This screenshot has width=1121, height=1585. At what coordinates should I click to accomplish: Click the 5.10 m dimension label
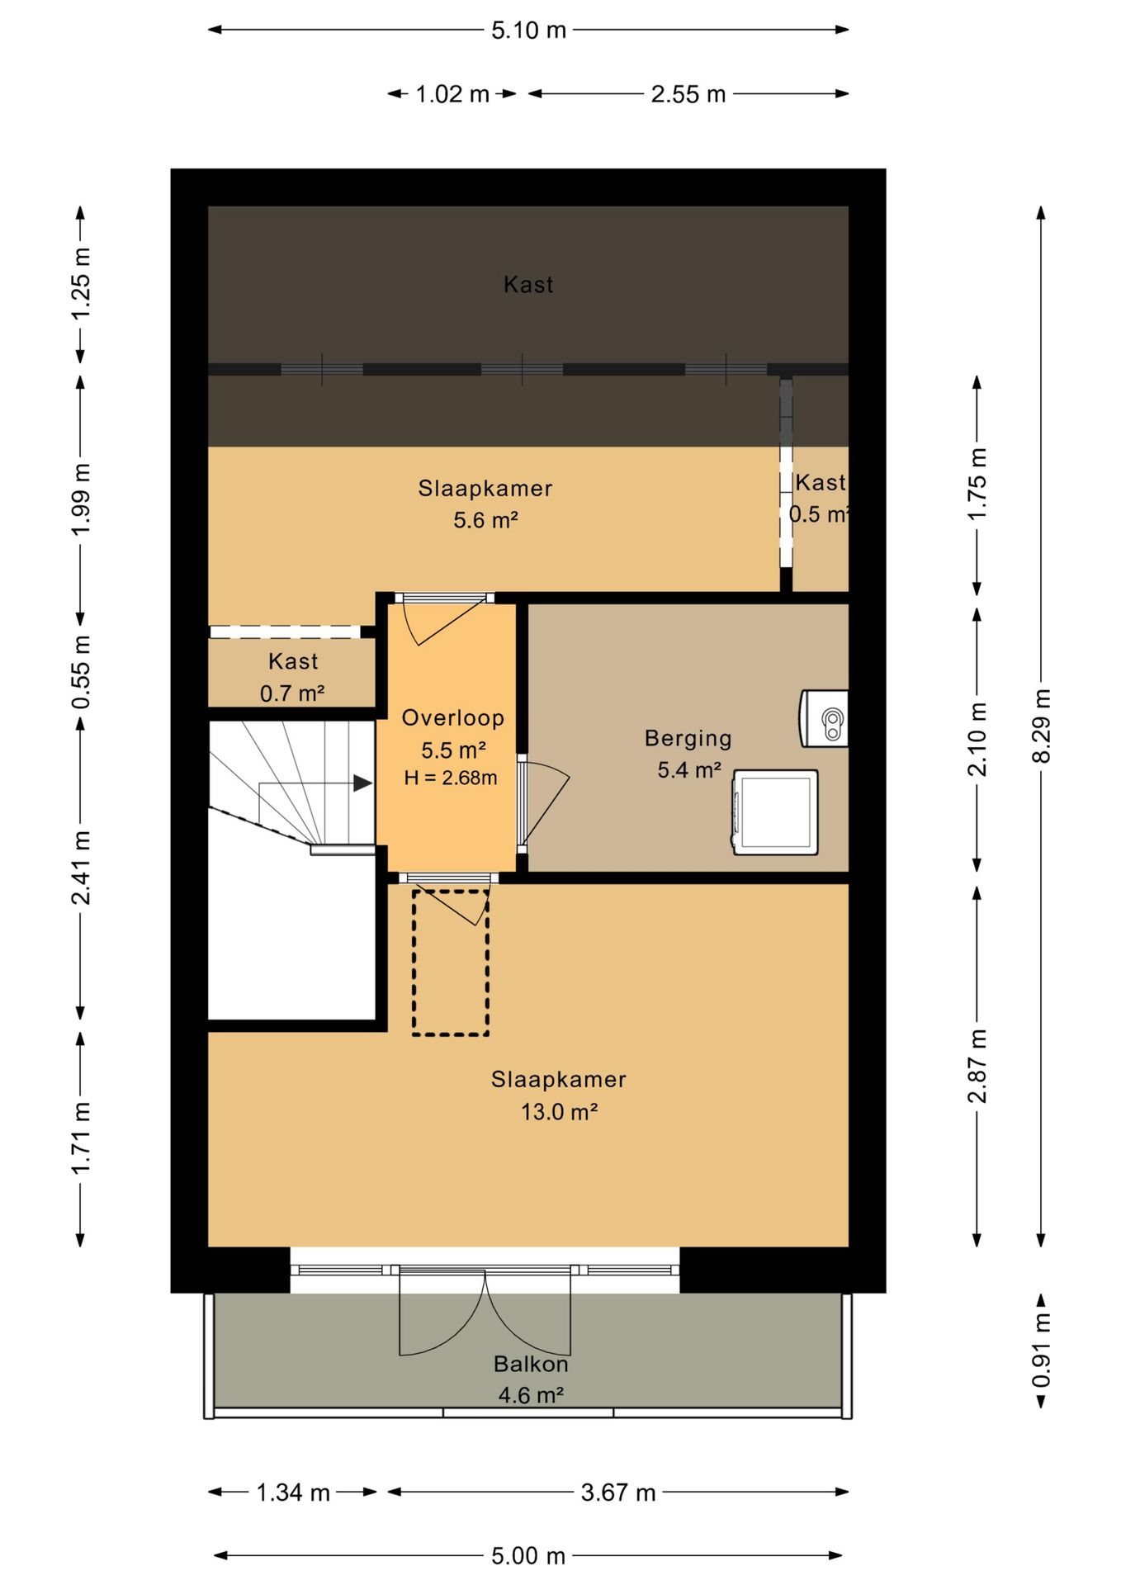(528, 31)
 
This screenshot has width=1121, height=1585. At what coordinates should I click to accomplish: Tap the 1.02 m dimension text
(452, 94)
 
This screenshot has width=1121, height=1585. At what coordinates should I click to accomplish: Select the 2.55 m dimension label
(688, 94)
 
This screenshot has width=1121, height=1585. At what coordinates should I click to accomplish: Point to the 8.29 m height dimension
(1042, 726)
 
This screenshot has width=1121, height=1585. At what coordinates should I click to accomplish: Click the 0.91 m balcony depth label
(1042, 1351)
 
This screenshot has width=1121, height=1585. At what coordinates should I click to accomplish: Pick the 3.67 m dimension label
(618, 1493)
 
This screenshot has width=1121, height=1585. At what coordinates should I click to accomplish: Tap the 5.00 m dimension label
(528, 1556)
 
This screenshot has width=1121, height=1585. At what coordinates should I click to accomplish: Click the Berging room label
(688, 738)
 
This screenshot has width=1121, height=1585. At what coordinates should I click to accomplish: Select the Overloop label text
(453, 718)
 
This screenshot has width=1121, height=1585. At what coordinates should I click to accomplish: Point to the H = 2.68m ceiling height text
(451, 778)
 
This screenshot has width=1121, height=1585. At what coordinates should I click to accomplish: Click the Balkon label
(531, 1364)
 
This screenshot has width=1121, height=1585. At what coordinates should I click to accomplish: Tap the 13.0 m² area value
(559, 1112)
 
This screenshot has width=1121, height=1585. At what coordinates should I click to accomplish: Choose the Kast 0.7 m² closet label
(293, 677)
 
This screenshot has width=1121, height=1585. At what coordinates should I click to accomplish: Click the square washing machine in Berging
(775, 812)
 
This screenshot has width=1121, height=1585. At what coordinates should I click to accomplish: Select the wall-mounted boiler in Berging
(824, 718)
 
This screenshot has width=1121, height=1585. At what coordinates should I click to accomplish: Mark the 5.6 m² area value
(485, 520)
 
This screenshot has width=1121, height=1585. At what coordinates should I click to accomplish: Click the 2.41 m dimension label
(81, 868)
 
